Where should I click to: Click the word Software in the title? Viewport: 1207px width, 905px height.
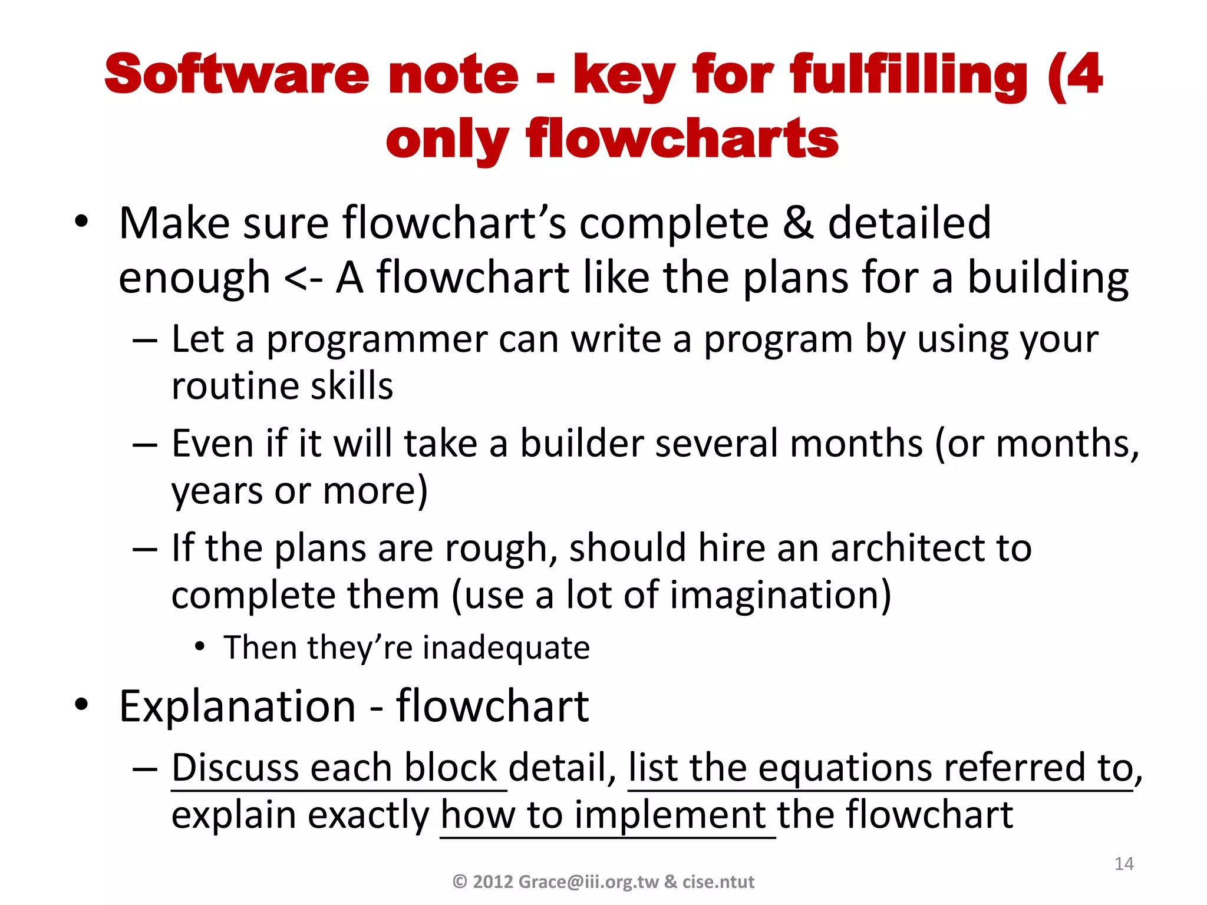click(x=236, y=74)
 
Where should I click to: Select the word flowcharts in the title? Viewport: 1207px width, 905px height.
click(x=682, y=139)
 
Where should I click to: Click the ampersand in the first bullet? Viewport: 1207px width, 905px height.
click(x=798, y=223)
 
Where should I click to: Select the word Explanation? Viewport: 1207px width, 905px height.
click(x=238, y=706)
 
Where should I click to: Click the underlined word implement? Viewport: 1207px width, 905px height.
click(x=670, y=815)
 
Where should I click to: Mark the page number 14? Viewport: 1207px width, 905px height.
click(x=1124, y=864)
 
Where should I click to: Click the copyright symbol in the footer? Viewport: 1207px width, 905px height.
click(x=460, y=882)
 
